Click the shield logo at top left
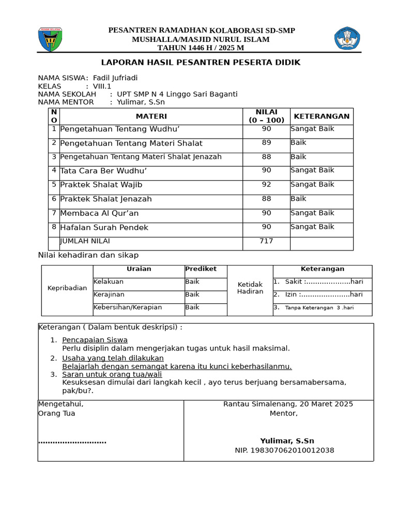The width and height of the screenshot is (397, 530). (x=50, y=39)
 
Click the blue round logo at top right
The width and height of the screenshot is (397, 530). (x=347, y=39)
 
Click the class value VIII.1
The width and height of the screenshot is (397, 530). (x=102, y=86)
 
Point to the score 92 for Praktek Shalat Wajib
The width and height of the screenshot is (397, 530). (x=266, y=184)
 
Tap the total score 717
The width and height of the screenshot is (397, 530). (x=266, y=241)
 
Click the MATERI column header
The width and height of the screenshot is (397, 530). (x=151, y=116)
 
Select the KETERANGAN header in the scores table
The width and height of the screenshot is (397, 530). (x=322, y=116)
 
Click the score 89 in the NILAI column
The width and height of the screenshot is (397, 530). (x=266, y=142)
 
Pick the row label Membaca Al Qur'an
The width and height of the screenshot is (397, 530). (x=99, y=213)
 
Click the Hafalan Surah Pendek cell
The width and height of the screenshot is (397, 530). (x=104, y=227)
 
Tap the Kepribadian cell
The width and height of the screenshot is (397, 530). (x=67, y=288)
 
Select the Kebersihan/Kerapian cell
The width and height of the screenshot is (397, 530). (x=128, y=307)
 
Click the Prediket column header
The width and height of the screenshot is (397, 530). (x=201, y=269)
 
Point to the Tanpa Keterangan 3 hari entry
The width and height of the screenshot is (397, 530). (x=319, y=307)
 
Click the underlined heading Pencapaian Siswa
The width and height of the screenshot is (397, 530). (x=95, y=340)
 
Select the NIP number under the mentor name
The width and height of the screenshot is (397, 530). (x=284, y=450)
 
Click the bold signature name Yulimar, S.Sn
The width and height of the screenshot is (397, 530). (x=287, y=441)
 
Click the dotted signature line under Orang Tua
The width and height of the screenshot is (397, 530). (x=72, y=441)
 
